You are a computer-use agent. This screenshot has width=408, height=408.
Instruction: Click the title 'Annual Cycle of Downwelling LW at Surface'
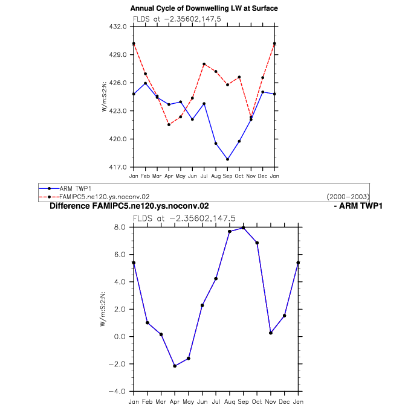pyautogui.click(x=204, y=8)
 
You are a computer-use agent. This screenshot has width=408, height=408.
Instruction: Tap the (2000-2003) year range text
pyautogui.click(x=348, y=197)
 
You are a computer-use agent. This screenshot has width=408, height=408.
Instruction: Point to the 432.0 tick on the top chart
pyautogui.click(x=118, y=27)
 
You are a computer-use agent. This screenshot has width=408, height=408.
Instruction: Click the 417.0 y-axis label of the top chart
pyautogui.click(x=118, y=167)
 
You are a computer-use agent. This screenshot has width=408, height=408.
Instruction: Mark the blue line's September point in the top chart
pyautogui.click(x=227, y=159)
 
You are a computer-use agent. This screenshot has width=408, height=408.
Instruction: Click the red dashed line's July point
pyautogui.click(x=204, y=64)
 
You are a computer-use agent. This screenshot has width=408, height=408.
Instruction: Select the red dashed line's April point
pyautogui.click(x=169, y=125)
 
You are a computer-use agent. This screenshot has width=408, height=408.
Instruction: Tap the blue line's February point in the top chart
pyautogui.click(x=146, y=83)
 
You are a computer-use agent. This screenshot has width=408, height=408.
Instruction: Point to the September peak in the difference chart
pyautogui.click(x=244, y=228)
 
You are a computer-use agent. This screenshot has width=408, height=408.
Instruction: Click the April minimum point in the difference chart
pyautogui.click(x=175, y=366)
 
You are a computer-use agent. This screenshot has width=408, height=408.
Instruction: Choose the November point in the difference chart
pyautogui.click(x=271, y=333)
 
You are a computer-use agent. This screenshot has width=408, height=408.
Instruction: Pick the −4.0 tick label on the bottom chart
pyautogui.click(x=117, y=391)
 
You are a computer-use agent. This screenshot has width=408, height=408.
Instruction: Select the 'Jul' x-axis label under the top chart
pyautogui.click(x=204, y=176)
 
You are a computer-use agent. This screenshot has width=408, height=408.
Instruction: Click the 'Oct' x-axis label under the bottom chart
pyautogui.click(x=257, y=402)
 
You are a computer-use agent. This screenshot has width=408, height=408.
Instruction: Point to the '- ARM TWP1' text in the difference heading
pyautogui.click(x=358, y=206)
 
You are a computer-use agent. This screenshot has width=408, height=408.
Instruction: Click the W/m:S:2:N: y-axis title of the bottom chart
pyautogui.click(x=103, y=309)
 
